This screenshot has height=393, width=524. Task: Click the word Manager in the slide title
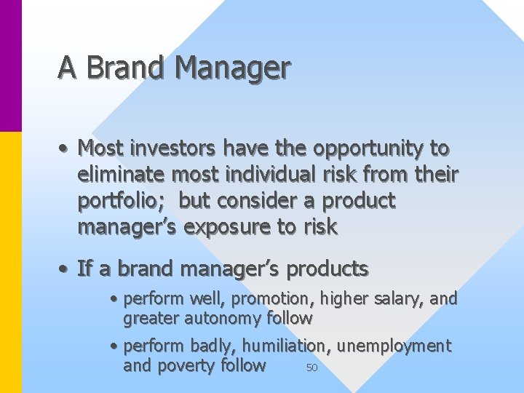point(232,68)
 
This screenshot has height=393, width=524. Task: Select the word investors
point(172,148)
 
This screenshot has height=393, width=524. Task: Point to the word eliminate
point(122,175)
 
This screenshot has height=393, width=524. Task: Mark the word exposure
point(228,227)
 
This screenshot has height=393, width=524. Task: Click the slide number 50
point(311,368)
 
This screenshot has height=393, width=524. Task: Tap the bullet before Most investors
point(65,148)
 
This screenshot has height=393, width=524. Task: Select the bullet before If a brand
point(65,269)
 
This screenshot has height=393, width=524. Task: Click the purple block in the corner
point(10,65)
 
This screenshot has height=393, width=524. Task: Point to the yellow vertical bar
point(10,262)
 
